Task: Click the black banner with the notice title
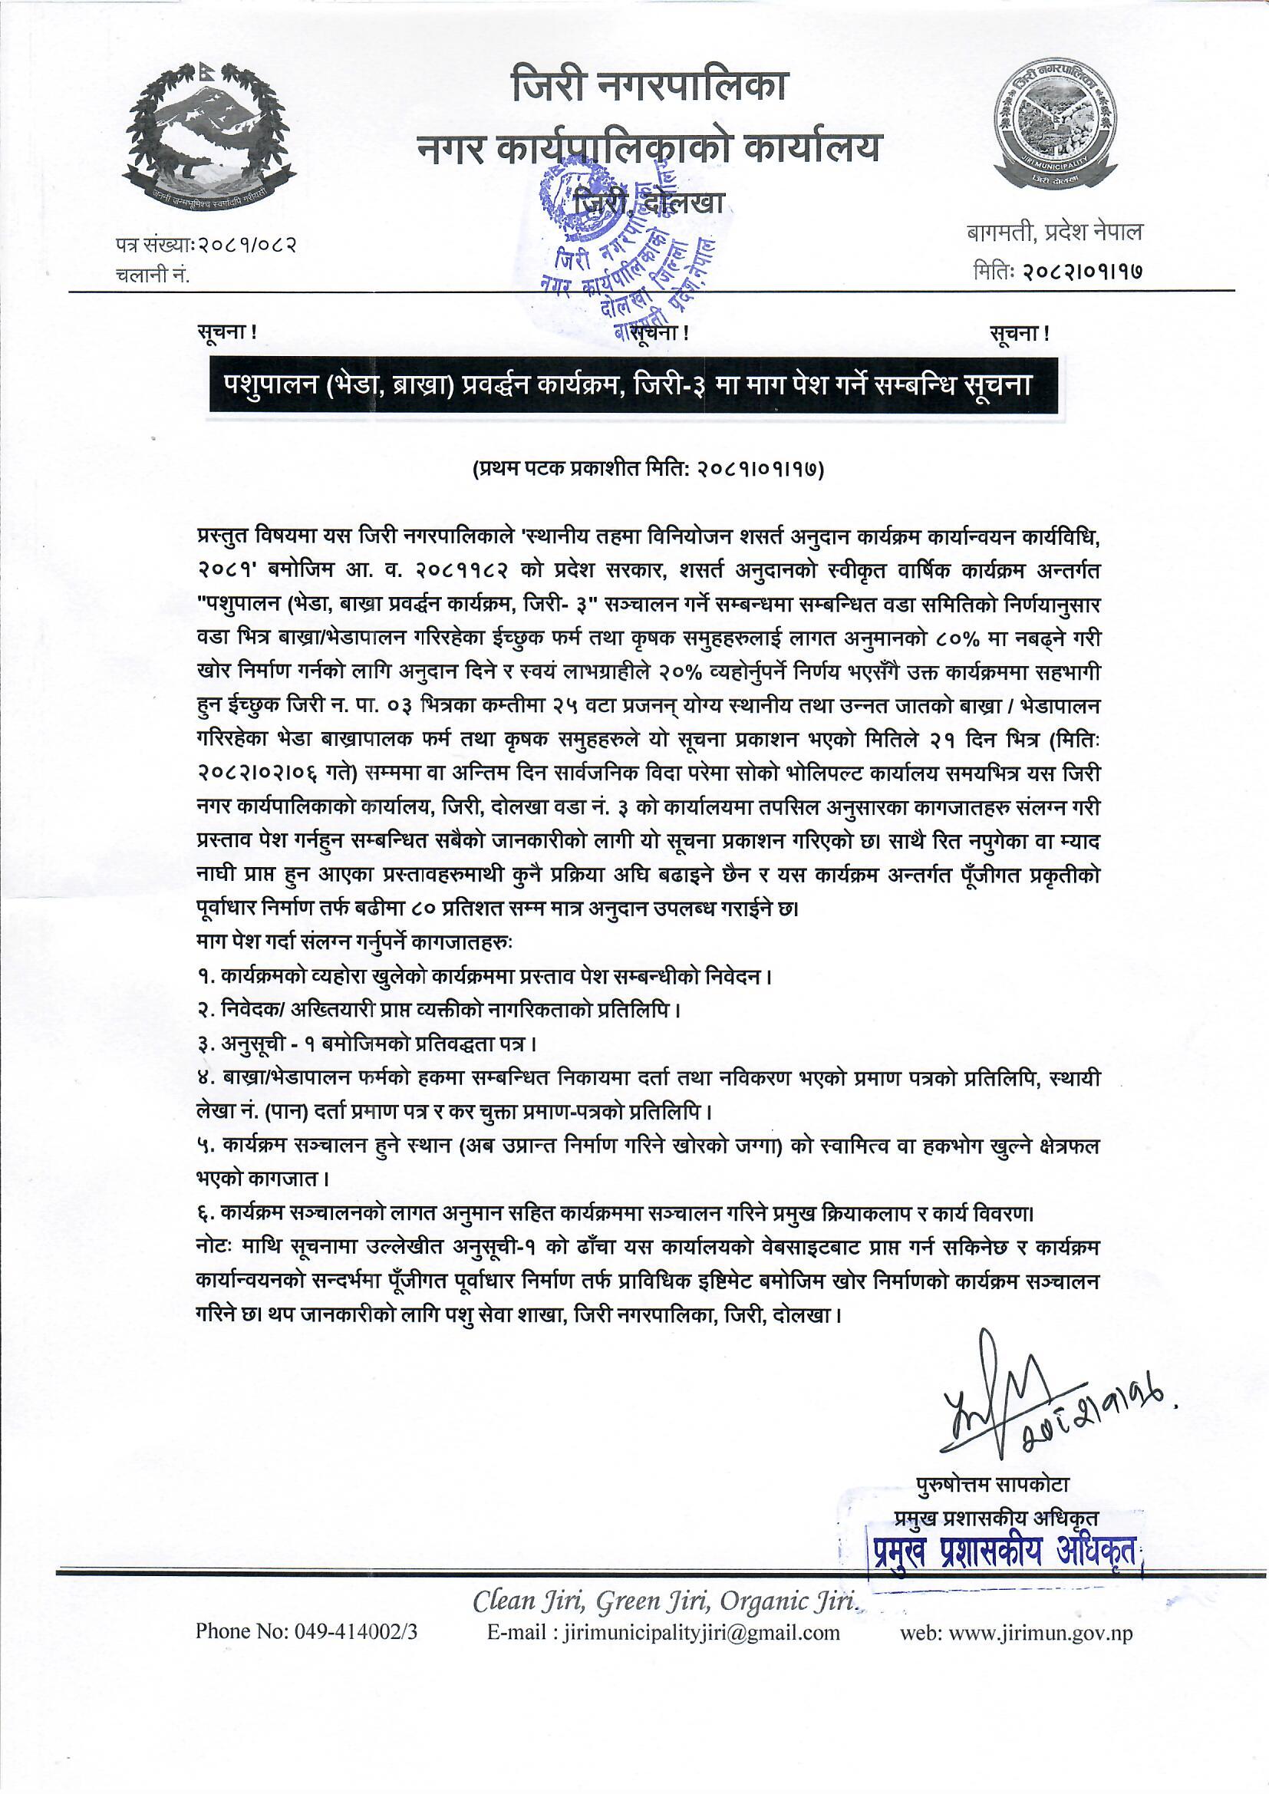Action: point(633,386)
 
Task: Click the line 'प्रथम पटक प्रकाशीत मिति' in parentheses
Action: point(648,470)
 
